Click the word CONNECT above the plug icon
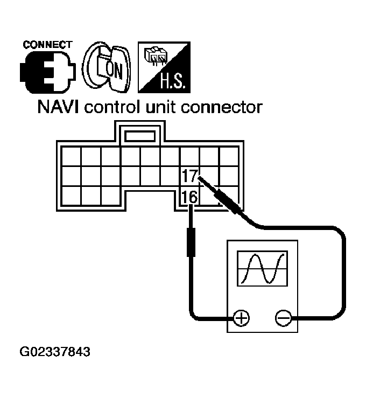click(47, 44)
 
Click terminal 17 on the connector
click(190, 176)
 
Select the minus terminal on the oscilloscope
click(283, 318)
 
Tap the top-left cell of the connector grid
click(71, 156)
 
